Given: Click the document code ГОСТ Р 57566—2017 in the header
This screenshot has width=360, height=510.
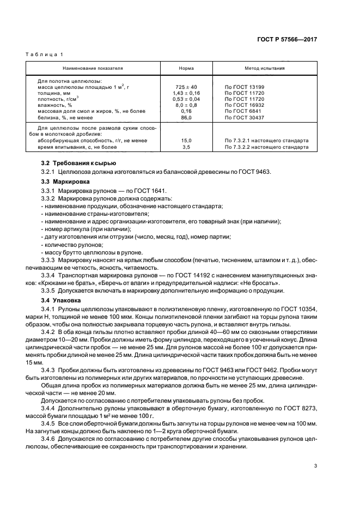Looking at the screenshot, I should tap(289, 40).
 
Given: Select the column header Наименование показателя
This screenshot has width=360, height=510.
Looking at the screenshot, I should tap(93, 69).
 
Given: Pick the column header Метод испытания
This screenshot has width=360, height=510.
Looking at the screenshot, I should tap(263, 69).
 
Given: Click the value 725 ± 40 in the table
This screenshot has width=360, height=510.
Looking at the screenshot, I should tap(185, 87).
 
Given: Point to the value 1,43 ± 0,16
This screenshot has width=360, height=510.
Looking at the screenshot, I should tap(185, 93).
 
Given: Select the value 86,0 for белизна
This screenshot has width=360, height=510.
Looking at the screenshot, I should tap(185, 117).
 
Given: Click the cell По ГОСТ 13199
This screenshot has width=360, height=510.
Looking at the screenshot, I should tap(245, 87).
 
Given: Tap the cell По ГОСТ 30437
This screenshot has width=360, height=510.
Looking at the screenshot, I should tap(245, 117).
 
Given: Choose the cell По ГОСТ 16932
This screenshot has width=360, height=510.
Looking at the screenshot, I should tap(245, 105).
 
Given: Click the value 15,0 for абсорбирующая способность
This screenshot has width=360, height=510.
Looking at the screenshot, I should tap(185, 141).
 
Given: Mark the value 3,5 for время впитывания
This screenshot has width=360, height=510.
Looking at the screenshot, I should tap(185, 147).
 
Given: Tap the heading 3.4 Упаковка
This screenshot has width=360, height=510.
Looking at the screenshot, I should tap(62, 300).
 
